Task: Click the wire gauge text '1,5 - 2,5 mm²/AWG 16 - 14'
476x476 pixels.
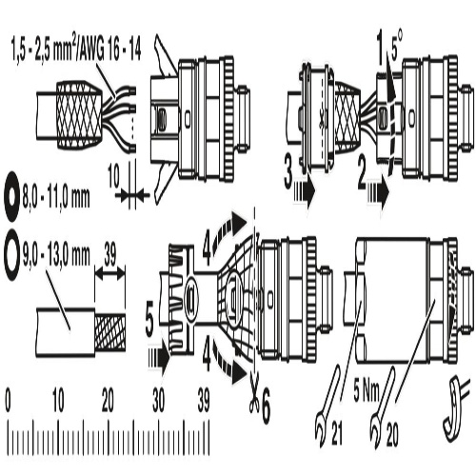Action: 76,50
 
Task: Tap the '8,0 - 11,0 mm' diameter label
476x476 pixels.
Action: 56,197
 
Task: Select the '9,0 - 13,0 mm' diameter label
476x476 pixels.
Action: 56,255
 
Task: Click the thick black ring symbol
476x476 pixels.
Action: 12,196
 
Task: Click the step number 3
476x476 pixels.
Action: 288,174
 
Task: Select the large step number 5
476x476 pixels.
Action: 149,322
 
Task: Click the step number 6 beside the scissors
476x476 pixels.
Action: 265,407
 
